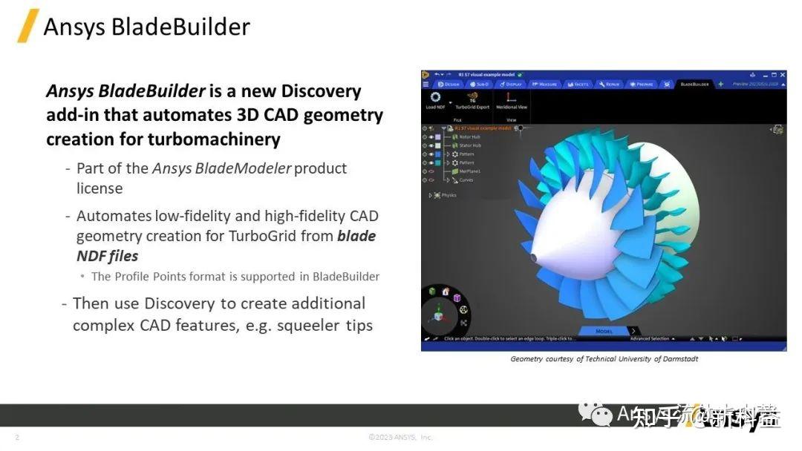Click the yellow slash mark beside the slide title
point(28,26)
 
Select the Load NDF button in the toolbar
point(435,100)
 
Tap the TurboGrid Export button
point(472,100)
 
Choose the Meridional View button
point(511,100)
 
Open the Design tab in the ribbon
point(450,84)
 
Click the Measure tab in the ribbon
point(545,84)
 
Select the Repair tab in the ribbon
point(611,84)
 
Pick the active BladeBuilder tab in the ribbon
point(694,84)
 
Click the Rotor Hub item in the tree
point(469,136)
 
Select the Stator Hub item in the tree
point(469,145)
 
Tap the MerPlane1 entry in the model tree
point(470,171)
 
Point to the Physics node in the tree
point(449,195)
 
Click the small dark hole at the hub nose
point(533,257)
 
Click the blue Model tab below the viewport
point(604,331)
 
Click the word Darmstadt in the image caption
point(677,359)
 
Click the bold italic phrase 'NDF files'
point(107,256)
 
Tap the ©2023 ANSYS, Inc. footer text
point(400,437)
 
